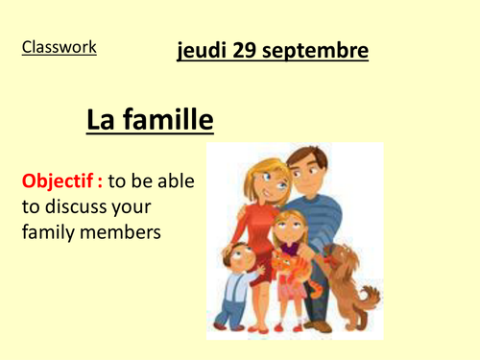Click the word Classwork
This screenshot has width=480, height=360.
point(60,46)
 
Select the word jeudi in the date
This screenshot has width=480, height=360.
point(203,51)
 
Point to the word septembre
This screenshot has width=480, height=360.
point(320,51)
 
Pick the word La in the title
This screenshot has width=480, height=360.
point(101,121)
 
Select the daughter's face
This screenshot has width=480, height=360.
point(285,232)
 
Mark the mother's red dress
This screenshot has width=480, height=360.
point(257,230)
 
